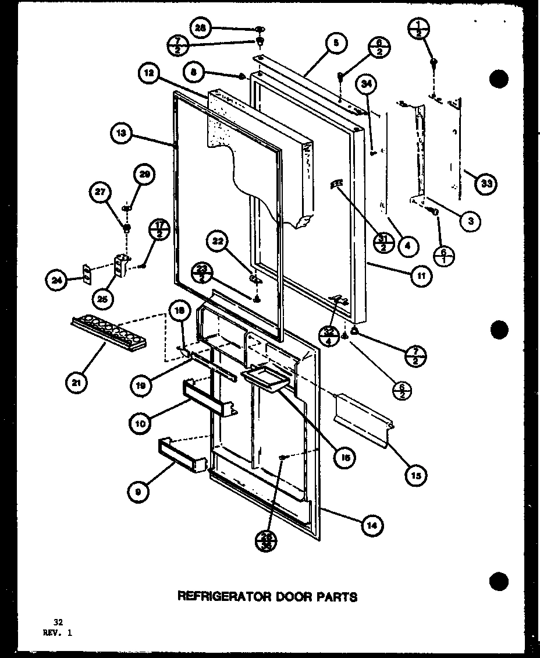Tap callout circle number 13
tap(120, 134)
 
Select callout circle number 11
tap(421, 276)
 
